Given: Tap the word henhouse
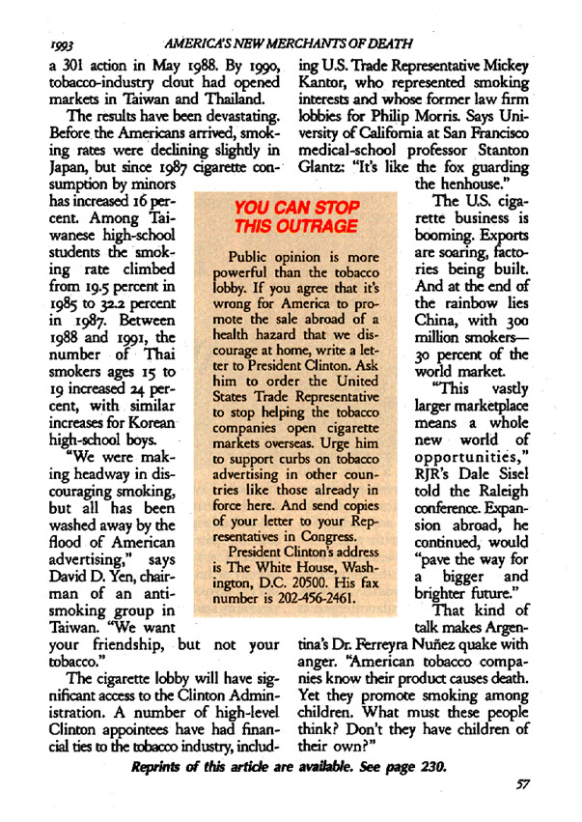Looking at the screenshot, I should pyautogui.click(x=472, y=183).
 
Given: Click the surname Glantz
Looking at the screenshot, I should pyautogui.click(x=325, y=166).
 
